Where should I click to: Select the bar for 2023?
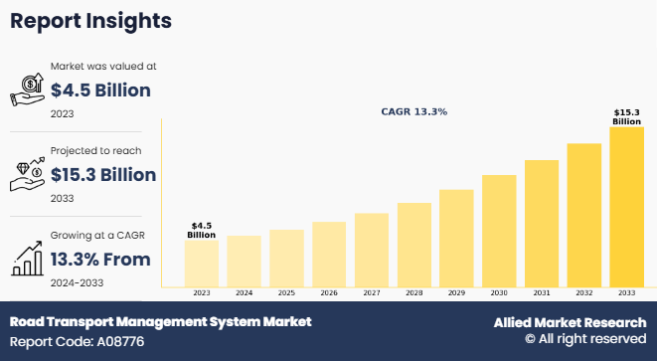tap(201, 264)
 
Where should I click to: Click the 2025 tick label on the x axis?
tap(286, 293)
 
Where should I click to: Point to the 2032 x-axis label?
tap(584, 293)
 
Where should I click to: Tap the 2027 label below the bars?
tap(372, 293)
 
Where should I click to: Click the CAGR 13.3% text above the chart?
tap(414, 112)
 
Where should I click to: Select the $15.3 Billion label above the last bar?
tap(626, 116)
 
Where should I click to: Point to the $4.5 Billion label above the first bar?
tap(201, 230)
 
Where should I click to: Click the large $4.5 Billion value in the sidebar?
tap(100, 91)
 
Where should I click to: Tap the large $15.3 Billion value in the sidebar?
tap(103, 175)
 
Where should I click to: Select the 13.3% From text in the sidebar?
tap(100, 260)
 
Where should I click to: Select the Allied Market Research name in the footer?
tap(569, 323)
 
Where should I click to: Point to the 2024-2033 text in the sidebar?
tap(77, 282)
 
